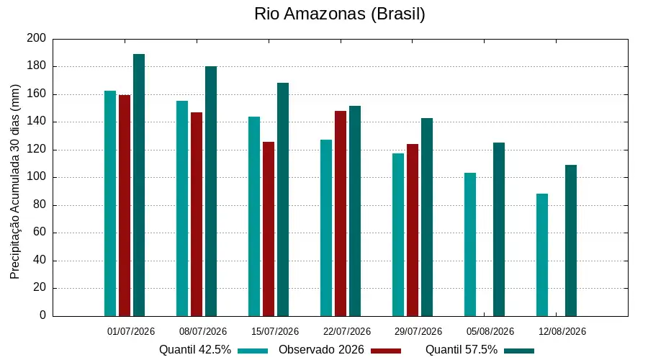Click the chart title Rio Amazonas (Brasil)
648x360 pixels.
click(339, 14)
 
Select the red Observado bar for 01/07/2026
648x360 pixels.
click(125, 205)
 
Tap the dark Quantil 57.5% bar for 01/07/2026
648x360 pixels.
click(139, 185)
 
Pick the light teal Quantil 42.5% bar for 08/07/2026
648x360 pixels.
click(182, 208)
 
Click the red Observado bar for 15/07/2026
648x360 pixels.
click(269, 229)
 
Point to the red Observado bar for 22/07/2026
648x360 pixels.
click(341, 213)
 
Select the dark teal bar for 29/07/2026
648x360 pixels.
click(427, 217)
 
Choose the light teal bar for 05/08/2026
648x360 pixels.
click(470, 244)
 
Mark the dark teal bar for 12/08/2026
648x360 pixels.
click(571, 240)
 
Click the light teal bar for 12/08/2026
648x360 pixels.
click(542, 255)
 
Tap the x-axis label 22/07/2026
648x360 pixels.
click(347, 331)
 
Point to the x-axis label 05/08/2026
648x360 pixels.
click(490, 331)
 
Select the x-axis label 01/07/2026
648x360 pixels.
click(131, 331)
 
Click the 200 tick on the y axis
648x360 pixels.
click(37, 38)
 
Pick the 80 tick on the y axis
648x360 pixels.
click(40, 204)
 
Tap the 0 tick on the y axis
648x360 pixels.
click(43, 315)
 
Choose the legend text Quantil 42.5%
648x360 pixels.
click(194, 350)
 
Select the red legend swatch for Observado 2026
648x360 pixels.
click(386, 351)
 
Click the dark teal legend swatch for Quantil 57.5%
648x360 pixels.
click(519, 351)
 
